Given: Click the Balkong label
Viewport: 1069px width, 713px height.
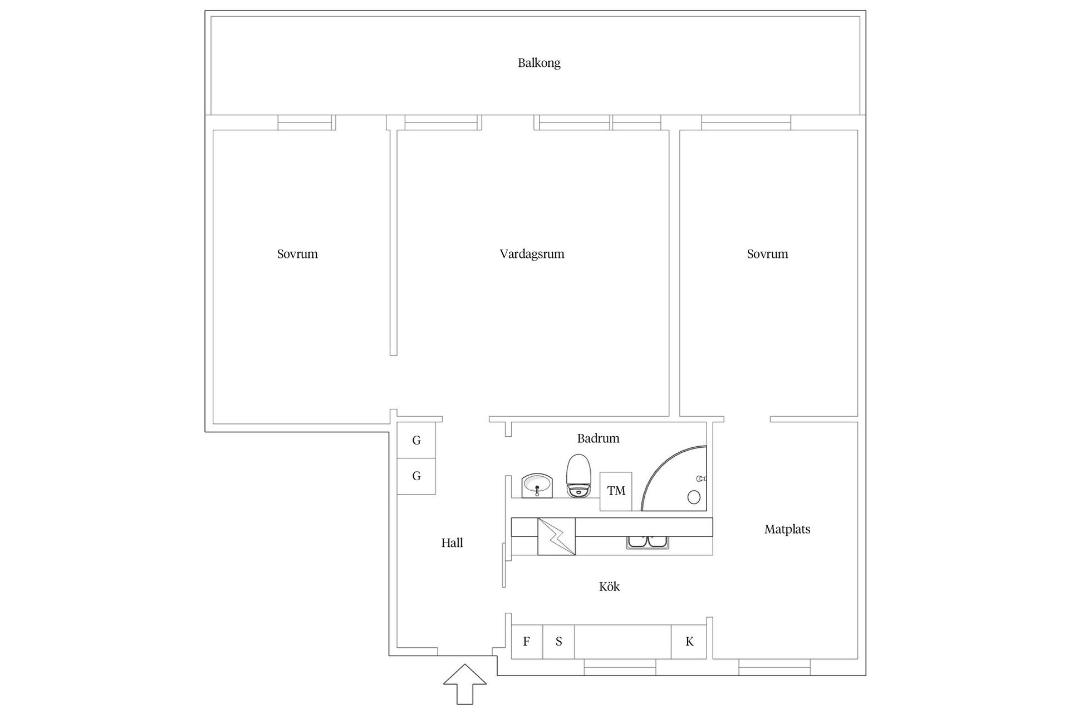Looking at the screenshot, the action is pos(539,63).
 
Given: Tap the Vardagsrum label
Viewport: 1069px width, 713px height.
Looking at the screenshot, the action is pos(532,254).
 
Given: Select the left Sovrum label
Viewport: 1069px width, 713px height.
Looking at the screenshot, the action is pos(297,254).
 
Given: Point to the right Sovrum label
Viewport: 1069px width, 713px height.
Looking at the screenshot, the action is pos(767,254).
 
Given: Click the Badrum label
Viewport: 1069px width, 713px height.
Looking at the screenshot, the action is pos(598,438).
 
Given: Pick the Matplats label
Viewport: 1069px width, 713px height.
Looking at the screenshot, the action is pos(787,529).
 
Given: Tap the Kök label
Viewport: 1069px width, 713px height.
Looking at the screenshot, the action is pos(609,587).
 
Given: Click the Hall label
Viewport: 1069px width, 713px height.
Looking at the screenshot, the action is pos(452,543).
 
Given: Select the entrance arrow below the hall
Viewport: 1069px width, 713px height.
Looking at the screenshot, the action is pos(464,684).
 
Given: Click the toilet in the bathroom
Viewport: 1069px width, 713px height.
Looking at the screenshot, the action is pos(579,476).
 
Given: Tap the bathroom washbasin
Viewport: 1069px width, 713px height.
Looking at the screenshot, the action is pos(537,486).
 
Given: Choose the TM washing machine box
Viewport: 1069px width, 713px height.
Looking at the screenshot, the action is pos(616,491).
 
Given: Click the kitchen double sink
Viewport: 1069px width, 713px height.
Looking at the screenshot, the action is pos(648,543).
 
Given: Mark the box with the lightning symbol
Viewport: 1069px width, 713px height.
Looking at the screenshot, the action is pos(556,536).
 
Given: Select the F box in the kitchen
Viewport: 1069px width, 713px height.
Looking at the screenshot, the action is pos(527,642).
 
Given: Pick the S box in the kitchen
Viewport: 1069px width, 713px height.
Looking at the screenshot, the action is pos(558,642).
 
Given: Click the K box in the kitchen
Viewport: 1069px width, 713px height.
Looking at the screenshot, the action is pos(689,642).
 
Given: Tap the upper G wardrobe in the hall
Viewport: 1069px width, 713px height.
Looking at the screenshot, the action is pos(416,441).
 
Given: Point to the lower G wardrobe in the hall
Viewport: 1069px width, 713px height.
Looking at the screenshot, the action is pos(416,476).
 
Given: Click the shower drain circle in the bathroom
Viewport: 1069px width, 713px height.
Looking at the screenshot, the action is pos(694,497).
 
